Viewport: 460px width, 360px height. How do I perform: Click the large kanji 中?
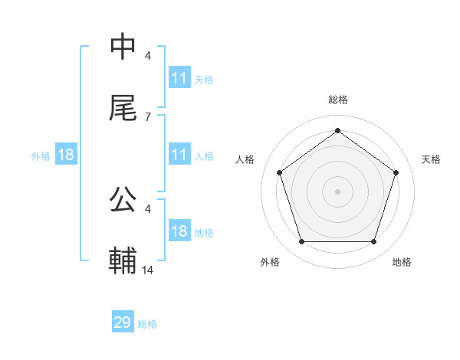tap(123, 47)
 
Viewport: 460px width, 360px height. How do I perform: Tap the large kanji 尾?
tap(123, 108)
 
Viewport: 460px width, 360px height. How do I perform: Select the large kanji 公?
tap(123, 200)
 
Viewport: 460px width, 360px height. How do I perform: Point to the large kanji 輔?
tap(123, 261)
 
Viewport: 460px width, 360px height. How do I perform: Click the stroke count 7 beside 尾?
tap(147, 116)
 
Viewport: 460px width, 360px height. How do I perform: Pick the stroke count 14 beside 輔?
tap(148, 270)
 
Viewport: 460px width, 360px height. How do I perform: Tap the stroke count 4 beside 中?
tap(147, 55)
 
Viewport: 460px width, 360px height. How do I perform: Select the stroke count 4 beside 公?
tap(147, 208)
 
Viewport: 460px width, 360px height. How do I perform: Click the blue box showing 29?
tap(123, 322)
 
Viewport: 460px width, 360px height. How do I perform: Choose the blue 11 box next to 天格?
tap(179, 78)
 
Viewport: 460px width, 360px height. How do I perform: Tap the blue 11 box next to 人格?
tap(179, 155)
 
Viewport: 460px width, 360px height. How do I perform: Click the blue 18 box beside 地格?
tap(179, 231)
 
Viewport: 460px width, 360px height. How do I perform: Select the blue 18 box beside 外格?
tap(66, 155)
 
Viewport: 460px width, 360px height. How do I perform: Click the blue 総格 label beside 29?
tap(147, 324)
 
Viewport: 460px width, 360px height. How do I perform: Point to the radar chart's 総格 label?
tap(337, 100)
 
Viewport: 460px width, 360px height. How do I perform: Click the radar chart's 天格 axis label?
tap(431, 159)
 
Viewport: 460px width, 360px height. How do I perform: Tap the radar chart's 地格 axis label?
tap(402, 262)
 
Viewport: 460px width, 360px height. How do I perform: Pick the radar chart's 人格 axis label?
tap(245, 159)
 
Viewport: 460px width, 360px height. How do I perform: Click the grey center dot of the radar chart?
tap(337, 191)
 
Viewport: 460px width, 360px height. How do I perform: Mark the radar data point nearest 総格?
tap(337, 130)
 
